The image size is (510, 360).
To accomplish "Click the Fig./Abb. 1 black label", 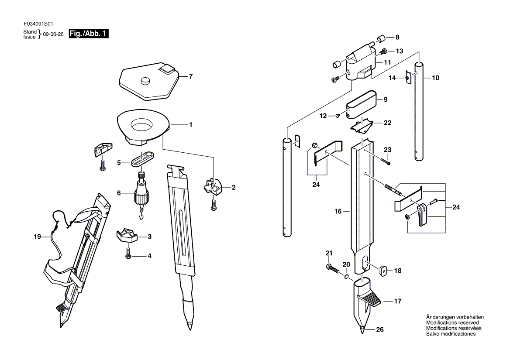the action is (x=89, y=34).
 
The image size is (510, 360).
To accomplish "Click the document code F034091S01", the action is (x=38, y=24).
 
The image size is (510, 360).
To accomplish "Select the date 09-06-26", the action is (x=53, y=34).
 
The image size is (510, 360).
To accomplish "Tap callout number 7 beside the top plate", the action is (x=191, y=76).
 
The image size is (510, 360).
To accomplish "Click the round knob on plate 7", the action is (x=145, y=80).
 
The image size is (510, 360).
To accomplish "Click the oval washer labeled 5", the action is (x=142, y=158).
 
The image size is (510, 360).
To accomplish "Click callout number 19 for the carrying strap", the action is (x=37, y=237).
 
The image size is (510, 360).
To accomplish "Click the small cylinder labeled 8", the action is (x=380, y=39).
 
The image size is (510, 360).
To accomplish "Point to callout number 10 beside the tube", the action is (x=435, y=78).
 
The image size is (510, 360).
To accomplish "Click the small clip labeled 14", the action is (x=409, y=77).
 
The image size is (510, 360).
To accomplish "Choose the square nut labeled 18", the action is (x=383, y=270).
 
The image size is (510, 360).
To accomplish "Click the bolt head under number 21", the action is (x=328, y=267).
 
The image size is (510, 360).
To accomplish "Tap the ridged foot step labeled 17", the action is (x=369, y=299).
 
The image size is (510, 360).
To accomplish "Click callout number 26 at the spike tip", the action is (x=379, y=329).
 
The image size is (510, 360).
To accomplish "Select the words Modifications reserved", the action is (x=452, y=322).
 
